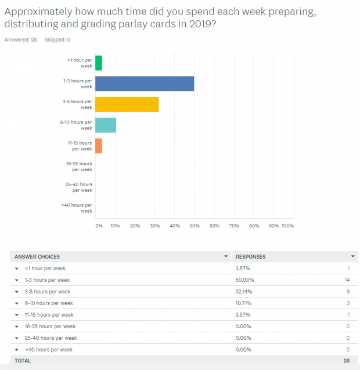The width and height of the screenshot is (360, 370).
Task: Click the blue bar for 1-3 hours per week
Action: pos(145,84)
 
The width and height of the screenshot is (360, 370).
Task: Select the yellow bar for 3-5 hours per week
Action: pos(127,104)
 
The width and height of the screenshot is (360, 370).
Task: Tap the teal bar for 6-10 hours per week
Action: pos(106,125)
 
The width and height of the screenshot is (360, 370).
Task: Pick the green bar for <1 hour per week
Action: pos(99,63)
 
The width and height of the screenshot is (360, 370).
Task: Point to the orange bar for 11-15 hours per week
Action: pos(99,146)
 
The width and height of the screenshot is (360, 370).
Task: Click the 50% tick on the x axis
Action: pos(194,226)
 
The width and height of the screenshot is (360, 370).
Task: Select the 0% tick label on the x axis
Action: pos(99,226)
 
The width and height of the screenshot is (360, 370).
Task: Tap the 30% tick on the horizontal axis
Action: pos(154,226)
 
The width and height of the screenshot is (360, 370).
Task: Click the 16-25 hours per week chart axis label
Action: pos(79,166)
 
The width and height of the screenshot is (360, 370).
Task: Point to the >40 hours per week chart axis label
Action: pos(77,208)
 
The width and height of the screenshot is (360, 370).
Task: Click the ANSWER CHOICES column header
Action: pos(37,256)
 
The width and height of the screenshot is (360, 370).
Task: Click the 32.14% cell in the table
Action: pos(244,291)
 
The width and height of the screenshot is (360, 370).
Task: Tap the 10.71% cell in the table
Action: pos(244,303)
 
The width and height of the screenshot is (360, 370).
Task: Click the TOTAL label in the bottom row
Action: pos(23,361)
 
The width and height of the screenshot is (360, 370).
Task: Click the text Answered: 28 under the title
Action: pos(21,40)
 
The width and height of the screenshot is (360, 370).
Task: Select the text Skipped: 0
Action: pos(57,40)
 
